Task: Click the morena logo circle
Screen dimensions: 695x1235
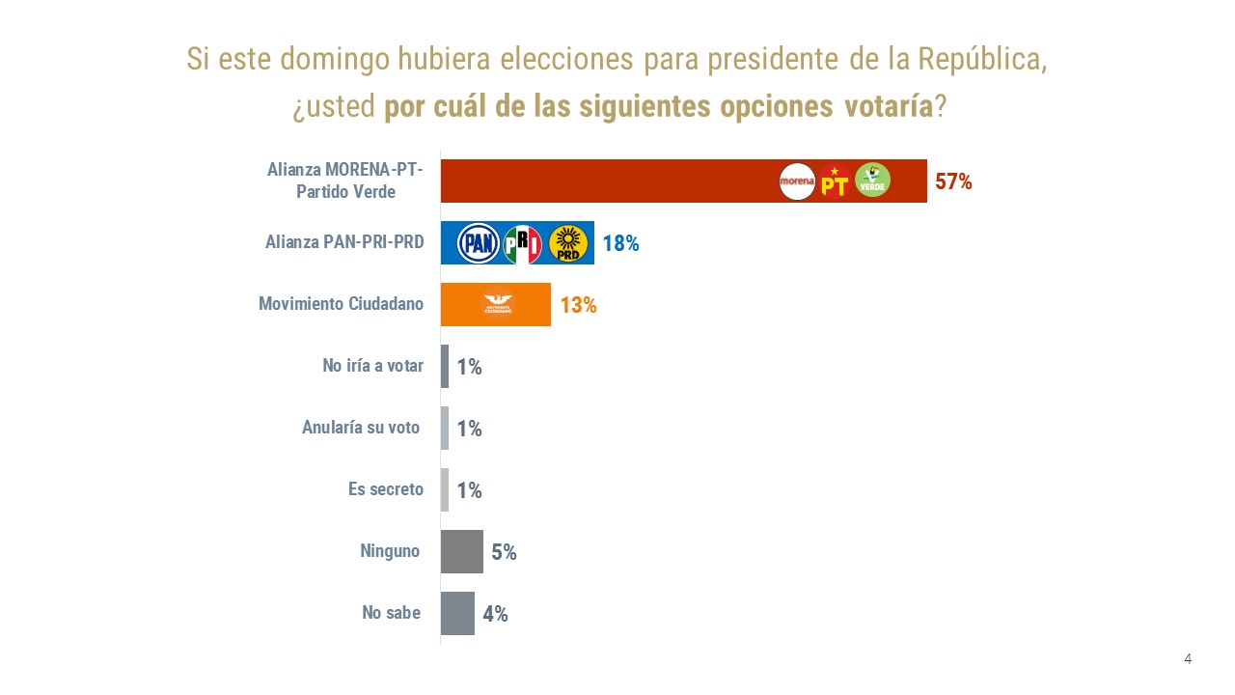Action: point(797,181)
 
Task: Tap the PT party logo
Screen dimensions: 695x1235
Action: point(835,181)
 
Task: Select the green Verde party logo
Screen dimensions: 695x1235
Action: point(872,181)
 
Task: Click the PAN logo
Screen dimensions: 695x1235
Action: point(478,243)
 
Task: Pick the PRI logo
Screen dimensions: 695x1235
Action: point(523,243)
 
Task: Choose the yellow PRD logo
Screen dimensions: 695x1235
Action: point(568,243)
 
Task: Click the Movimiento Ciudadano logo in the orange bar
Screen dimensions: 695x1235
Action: point(498,304)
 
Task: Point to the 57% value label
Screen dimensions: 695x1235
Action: point(953,181)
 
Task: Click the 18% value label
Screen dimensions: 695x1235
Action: point(620,243)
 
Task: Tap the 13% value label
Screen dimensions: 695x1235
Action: point(578,305)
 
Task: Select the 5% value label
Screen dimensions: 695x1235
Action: point(504,552)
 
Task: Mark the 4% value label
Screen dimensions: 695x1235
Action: point(495,614)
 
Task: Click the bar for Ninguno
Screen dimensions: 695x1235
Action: point(461,552)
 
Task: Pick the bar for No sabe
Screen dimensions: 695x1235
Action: point(457,614)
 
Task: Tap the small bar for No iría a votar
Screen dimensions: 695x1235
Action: point(445,367)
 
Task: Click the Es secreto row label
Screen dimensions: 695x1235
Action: point(385,489)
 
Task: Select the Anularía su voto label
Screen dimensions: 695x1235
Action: point(361,428)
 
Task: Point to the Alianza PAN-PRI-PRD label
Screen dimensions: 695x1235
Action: point(343,242)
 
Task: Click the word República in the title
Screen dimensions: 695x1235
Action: point(979,59)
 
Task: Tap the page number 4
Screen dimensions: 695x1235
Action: point(1188,659)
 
